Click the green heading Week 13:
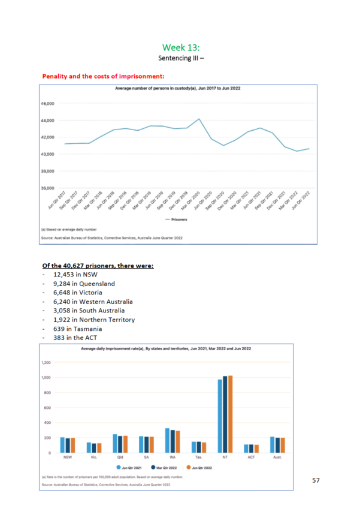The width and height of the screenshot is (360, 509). click(x=180, y=47)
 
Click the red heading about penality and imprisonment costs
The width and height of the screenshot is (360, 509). click(x=104, y=76)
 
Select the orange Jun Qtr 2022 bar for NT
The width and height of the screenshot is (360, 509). click(x=230, y=414)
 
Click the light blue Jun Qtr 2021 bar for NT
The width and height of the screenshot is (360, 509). click(x=220, y=415)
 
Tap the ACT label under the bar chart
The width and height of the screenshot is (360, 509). click(x=252, y=457)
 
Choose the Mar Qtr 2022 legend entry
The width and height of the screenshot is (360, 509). click(x=166, y=466)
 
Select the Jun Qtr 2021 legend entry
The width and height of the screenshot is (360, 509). click(x=130, y=466)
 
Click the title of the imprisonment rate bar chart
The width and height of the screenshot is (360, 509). click(x=166, y=348)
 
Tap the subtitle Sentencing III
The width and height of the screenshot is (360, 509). click(x=180, y=59)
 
